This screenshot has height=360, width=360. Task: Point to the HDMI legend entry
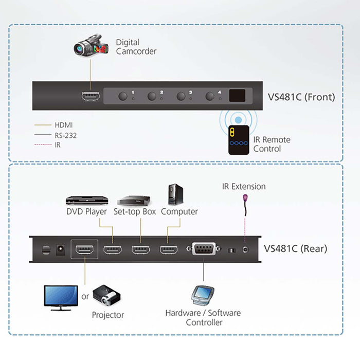click(63, 125)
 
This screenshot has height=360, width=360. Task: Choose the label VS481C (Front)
click(301, 97)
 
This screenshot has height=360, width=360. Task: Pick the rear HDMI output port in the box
click(84, 250)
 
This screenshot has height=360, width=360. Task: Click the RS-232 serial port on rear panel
click(204, 249)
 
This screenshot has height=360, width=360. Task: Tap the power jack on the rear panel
click(60, 249)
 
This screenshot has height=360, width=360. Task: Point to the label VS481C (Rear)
click(295, 249)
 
